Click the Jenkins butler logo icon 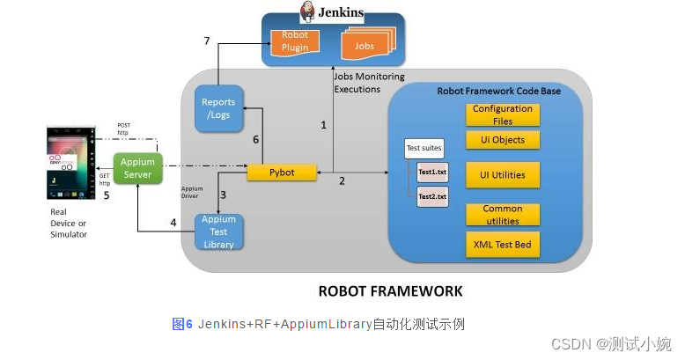click(x=307, y=11)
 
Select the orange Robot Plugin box click(x=295, y=41)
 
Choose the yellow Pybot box click(x=281, y=171)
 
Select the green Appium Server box click(x=137, y=168)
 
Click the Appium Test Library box click(x=218, y=231)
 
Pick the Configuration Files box click(x=502, y=114)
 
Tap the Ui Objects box click(x=502, y=140)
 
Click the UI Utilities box click(x=502, y=175)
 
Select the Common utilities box click(x=502, y=215)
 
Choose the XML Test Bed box click(x=502, y=244)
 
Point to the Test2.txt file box click(x=431, y=195)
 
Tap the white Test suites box click(x=424, y=148)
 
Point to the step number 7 click(x=206, y=41)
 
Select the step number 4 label click(x=173, y=222)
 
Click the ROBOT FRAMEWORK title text click(x=389, y=290)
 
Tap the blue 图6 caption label click(x=182, y=324)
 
